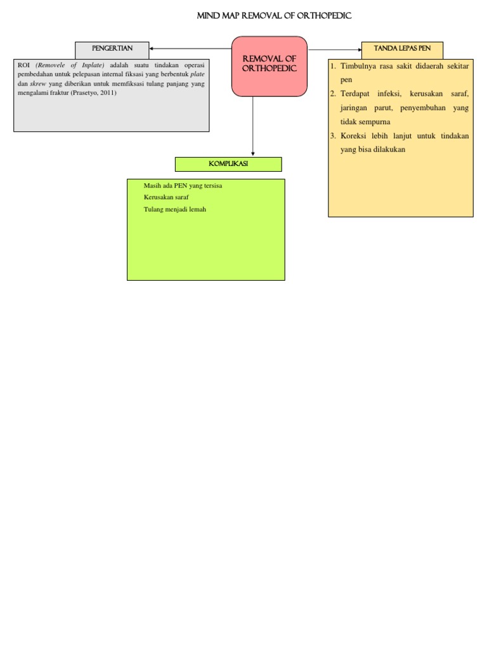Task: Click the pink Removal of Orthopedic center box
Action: pos(269,66)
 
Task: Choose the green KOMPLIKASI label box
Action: pos(228,165)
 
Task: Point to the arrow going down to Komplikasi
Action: pos(253,127)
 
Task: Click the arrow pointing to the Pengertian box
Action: pos(190,49)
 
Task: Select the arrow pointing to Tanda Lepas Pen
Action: pos(334,49)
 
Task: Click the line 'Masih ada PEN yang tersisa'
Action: pos(183,186)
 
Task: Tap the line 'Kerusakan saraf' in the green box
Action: pos(166,198)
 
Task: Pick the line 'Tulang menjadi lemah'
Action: pos(175,210)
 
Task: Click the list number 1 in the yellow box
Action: pos(332,66)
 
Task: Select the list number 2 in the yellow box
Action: pos(332,94)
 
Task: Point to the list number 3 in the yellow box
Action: pos(332,136)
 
